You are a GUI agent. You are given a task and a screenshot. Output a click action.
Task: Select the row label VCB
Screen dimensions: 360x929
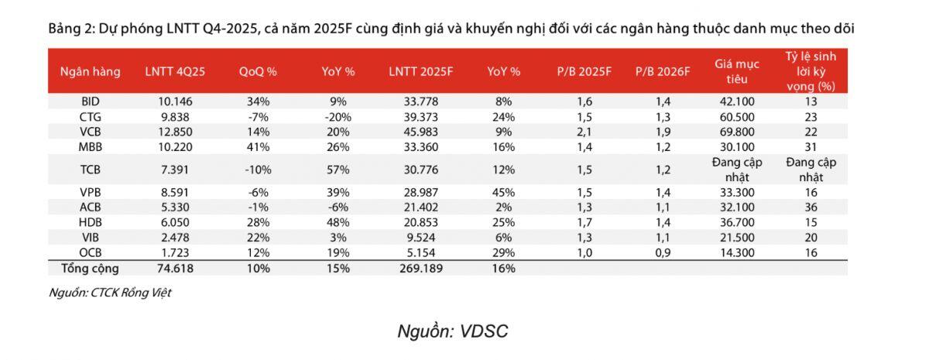tap(90, 131)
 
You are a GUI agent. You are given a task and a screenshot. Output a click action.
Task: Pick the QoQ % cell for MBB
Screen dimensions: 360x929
tap(259, 146)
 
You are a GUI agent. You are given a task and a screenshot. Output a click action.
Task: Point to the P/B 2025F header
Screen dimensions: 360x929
tap(584, 72)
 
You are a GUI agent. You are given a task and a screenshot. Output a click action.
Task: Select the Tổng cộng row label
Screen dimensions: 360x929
tap(91, 268)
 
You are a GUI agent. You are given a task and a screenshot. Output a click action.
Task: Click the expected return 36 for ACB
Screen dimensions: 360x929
tap(811, 208)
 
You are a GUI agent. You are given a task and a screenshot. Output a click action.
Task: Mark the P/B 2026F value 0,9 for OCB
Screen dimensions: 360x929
tap(662, 252)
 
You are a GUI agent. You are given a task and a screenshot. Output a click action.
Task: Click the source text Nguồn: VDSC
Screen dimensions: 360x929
tap(453, 331)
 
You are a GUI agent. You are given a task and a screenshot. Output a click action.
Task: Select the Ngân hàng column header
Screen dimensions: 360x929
tap(91, 72)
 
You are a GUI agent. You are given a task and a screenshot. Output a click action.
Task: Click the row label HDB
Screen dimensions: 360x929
tap(90, 223)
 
